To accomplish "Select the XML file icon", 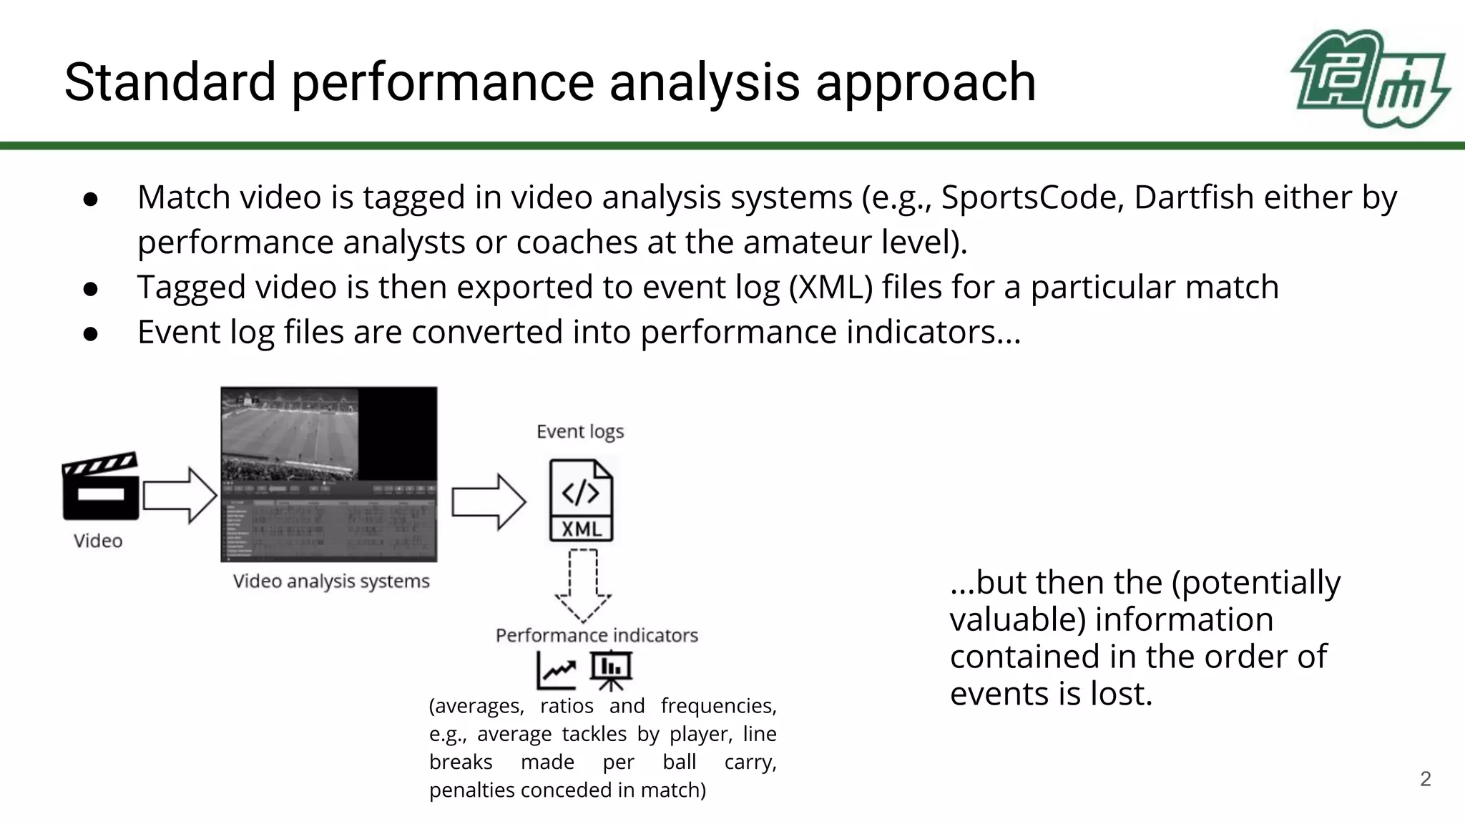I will tap(581, 500).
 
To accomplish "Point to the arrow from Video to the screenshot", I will tap(180, 495).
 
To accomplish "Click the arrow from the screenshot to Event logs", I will tap(489, 501).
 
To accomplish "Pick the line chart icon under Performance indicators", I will tap(557, 670).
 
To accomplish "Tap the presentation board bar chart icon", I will tap(610, 669).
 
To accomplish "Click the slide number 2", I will tap(1425, 779).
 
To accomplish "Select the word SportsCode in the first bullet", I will tap(1027, 197).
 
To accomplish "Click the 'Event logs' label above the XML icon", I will tap(580, 431).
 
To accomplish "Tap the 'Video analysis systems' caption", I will tap(331, 581).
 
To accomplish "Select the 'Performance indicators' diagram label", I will tap(597, 635).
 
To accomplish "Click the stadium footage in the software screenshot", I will tap(290, 434).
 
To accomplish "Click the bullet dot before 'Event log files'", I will tap(90, 333).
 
